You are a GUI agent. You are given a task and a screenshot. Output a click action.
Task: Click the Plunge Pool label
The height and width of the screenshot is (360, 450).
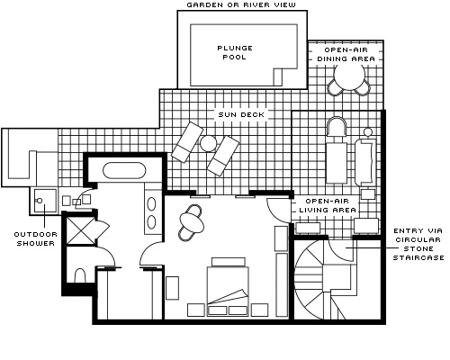click(235, 52)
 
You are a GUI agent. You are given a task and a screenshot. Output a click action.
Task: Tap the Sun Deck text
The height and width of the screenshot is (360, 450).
click(241, 114)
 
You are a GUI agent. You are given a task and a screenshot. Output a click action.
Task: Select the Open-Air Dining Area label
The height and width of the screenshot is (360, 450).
click(346, 54)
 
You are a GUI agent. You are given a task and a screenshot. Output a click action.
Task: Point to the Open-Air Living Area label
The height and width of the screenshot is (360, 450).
click(328, 205)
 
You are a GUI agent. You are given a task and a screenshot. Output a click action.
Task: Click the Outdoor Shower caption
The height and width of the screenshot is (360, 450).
click(36, 238)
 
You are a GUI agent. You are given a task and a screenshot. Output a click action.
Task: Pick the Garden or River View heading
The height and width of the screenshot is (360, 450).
click(241, 4)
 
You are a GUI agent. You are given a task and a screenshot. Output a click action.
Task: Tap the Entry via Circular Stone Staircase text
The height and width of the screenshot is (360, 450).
click(418, 244)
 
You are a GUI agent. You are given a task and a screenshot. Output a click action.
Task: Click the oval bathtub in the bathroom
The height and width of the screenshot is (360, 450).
click(124, 171)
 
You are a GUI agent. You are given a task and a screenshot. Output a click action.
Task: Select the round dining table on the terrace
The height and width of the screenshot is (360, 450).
click(349, 76)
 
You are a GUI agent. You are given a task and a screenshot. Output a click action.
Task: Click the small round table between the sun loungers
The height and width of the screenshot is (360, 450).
click(208, 143)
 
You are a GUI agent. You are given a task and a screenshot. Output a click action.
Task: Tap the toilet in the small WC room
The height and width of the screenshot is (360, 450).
click(80, 275)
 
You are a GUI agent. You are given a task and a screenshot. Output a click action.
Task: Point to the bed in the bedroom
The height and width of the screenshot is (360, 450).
click(228, 286)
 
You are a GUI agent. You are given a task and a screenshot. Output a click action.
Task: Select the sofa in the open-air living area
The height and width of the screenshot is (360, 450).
click(365, 162)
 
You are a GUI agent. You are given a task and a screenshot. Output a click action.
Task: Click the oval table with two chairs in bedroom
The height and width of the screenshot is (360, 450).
click(192, 223)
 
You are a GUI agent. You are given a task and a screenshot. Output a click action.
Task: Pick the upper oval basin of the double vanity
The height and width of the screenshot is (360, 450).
click(152, 204)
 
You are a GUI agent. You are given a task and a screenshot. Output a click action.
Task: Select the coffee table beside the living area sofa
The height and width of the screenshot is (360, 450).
click(337, 162)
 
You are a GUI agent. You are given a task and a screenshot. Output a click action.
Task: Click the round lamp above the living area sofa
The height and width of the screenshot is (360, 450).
click(368, 131)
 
